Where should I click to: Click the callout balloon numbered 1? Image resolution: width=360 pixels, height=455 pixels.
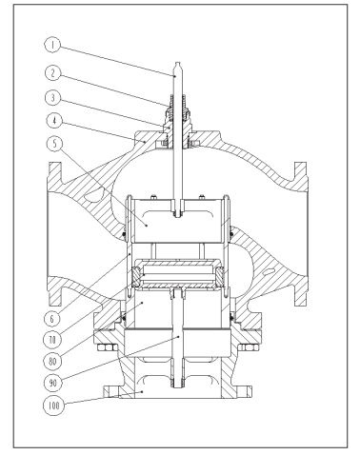[x=52, y=45]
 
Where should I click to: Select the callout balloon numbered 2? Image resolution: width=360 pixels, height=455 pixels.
[x=53, y=73]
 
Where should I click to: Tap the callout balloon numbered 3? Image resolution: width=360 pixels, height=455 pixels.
[x=53, y=98]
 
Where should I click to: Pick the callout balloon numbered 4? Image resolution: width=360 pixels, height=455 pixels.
[x=54, y=121]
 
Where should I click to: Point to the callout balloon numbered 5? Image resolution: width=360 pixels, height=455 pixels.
[x=54, y=144]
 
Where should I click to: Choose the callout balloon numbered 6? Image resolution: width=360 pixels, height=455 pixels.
[x=52, y=318]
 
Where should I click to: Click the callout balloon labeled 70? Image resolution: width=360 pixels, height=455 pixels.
[x=52, y=340]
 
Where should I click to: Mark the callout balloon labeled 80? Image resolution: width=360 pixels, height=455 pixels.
[x=52, y=361]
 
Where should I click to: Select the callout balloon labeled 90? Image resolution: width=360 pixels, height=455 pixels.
[x=52, y=383]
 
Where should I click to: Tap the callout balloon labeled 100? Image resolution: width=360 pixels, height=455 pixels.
[x=54, y=406]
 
